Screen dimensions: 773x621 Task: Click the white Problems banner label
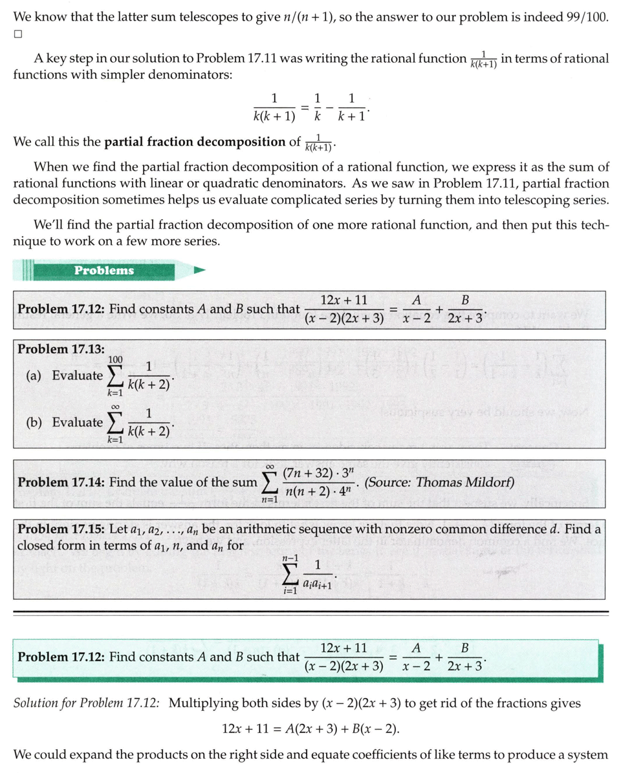point(104,270)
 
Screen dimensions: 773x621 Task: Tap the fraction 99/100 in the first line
point(586,17)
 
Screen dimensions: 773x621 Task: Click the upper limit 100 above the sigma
point(116,359)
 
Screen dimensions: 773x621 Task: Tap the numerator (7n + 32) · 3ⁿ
point(316,472)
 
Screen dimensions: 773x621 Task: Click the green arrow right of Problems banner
point(200,270)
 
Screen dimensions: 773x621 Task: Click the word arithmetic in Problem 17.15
point(255,529)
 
